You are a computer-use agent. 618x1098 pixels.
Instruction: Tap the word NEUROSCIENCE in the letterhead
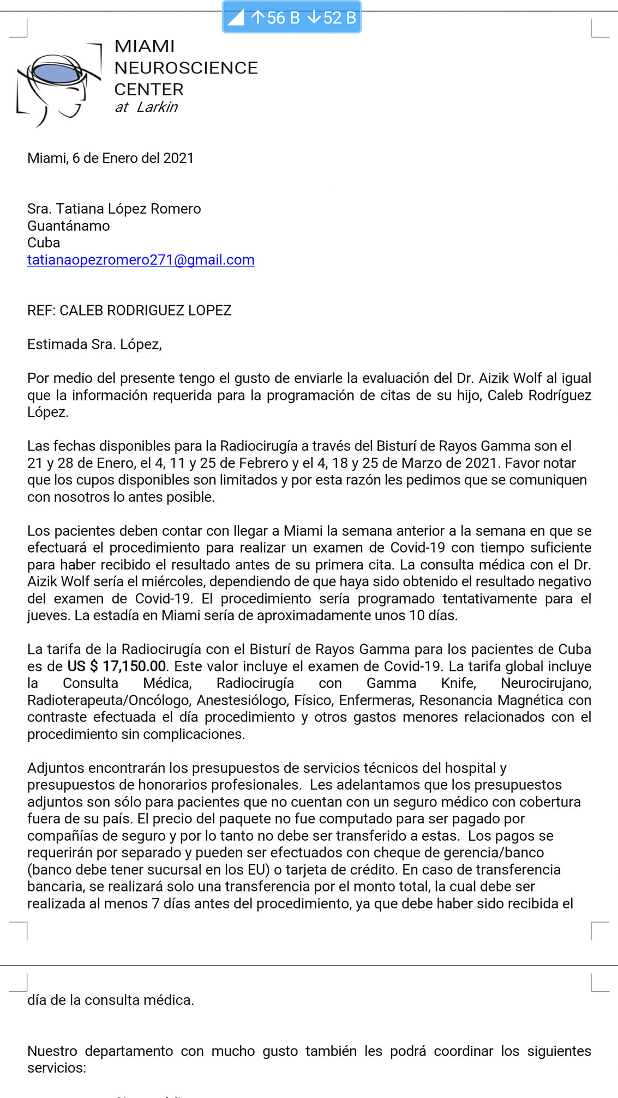[185, 68]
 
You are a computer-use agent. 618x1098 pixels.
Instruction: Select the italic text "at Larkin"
[146, 107]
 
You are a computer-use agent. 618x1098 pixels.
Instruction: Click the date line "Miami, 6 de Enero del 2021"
[110, 158]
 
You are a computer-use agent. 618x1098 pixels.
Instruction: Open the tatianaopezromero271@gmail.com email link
[141, 260]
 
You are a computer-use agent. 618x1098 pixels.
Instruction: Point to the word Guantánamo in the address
[68, 226]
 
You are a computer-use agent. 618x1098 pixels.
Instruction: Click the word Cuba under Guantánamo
[44, 242]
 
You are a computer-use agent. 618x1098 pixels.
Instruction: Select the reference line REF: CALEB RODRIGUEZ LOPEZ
[129, 310]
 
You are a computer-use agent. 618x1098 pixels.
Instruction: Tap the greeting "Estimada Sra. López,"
[94, 344]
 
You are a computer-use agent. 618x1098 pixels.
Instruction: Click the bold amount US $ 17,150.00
[117, 666]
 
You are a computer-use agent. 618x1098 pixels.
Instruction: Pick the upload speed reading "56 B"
[276, 18]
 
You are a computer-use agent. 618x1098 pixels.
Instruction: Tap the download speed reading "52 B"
[333, 18]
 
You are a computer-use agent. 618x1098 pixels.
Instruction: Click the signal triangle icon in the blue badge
[236, 18]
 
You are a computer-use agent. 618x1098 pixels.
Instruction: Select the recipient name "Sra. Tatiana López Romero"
[114, 209]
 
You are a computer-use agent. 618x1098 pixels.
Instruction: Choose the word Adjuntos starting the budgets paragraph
[56, 768]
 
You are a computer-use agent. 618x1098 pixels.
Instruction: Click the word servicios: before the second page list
[57, 1067]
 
